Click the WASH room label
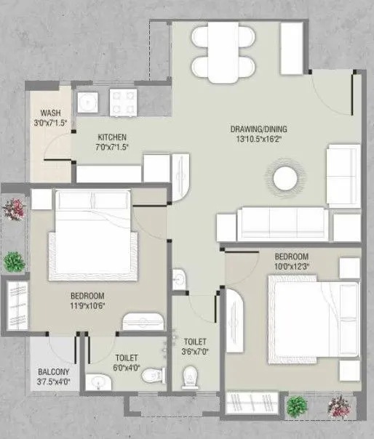[x=50, y=113]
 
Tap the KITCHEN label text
[x=113, y=137]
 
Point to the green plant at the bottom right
[x=296, y=405]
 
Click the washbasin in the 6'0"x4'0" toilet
[x=97, y=381]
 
